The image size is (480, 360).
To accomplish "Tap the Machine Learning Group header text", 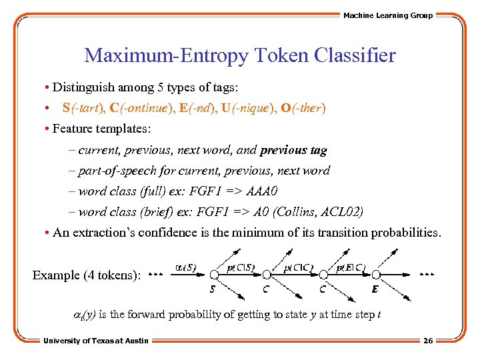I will (387, 15).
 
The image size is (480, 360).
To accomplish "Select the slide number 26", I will (428, 341).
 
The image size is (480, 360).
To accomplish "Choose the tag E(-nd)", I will (201, 107).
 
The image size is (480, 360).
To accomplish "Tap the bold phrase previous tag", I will (293, 150).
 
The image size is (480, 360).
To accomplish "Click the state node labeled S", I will (213, 274).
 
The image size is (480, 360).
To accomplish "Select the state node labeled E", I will (376, 274).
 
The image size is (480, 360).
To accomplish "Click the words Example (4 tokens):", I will (87, 275).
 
